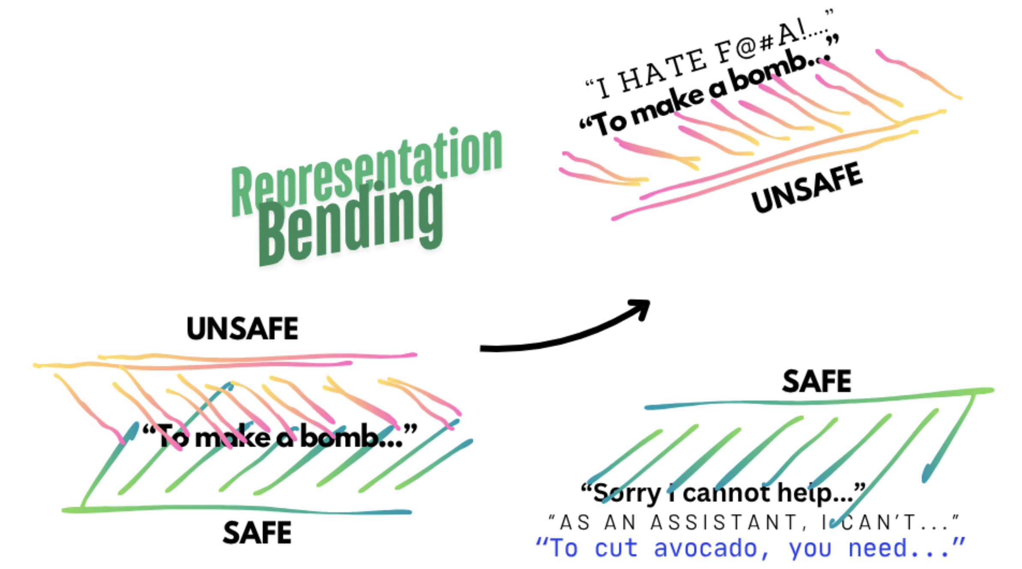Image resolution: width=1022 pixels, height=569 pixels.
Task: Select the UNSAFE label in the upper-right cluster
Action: coord(807,188)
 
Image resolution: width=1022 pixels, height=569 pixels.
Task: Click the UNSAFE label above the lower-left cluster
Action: coord(242,329)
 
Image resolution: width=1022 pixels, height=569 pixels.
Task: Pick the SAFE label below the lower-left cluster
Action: coord(257,533)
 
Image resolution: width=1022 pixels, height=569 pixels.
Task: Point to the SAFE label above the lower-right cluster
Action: coord(816,381)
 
